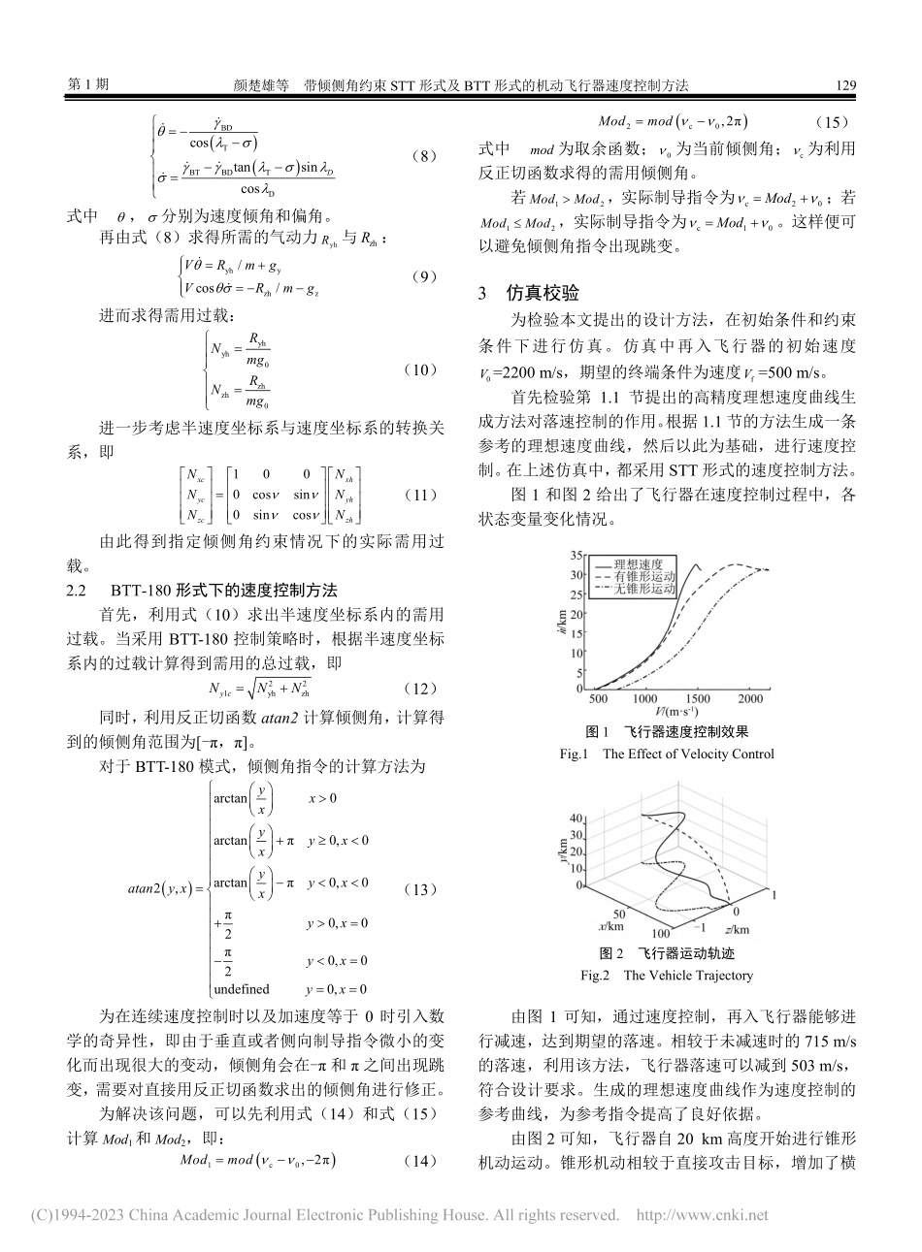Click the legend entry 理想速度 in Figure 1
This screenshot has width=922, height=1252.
tap(644, 563)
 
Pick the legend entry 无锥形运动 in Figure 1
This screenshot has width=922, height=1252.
tap(650, 589)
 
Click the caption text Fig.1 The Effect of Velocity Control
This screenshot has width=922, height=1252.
tap(667, 754)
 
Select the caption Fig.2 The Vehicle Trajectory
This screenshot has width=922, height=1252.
tap(667, 976)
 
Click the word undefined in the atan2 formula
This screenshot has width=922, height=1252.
tap(242, 989)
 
